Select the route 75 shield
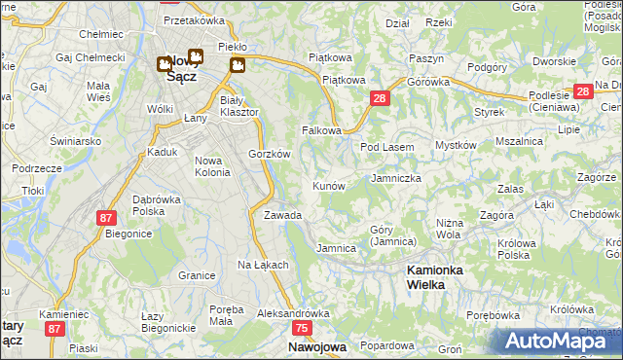tap(302, 330)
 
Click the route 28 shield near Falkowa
tap(381, 98)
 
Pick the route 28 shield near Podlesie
tap(583, 91)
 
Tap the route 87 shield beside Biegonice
tap(106, 219)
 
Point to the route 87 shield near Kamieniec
tap(54, 330)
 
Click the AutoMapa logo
tap(558, 341)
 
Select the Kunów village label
tap(329, 185)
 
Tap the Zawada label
tap(282, 215)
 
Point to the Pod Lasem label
tap(387, 147)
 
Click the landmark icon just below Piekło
tap(238, 64)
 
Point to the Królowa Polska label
tap(518, 249)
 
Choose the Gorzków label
tap(270, 154)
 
